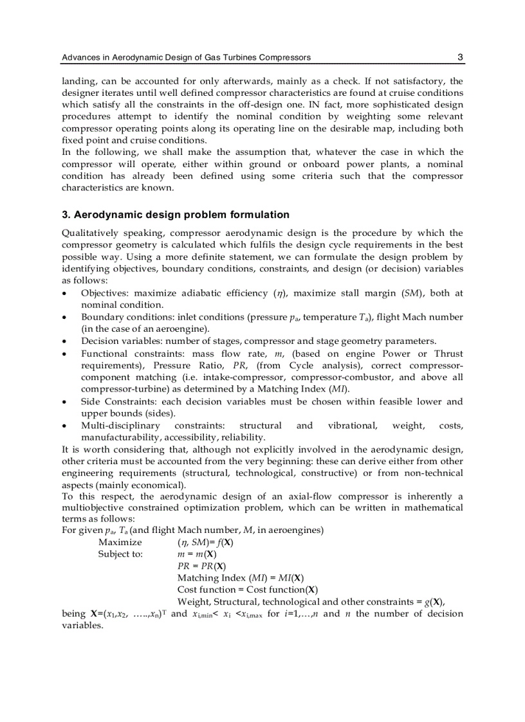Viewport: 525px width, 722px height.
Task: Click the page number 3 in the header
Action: tap(460, 57)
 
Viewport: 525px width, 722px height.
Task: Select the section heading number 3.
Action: tap(65, 215)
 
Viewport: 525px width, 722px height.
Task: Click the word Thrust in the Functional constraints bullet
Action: tap(448, 354)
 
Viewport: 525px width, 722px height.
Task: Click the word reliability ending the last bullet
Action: tap(244, 438)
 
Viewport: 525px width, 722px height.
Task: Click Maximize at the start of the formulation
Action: tap(120, 542)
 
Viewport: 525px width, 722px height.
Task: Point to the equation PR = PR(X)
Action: tap(201, 566)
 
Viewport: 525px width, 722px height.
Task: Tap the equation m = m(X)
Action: tap(197, 554)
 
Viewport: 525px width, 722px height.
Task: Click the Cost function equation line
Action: tap(248, 590)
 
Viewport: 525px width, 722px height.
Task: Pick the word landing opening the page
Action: tap(77, 81)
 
